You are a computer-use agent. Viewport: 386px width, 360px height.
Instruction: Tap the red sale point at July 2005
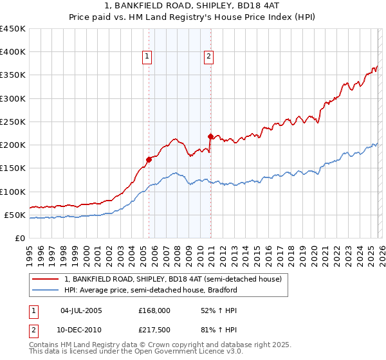click(149, 159)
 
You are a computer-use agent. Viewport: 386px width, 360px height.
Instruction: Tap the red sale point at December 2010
click(210, 136)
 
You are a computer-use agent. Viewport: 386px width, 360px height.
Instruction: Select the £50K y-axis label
click(15, 215)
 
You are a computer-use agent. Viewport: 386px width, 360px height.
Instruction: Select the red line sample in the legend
click(46, 280)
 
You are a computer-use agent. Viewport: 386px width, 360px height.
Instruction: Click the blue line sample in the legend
click(46, 291)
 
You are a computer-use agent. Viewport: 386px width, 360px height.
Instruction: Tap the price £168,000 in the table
click(154, 310)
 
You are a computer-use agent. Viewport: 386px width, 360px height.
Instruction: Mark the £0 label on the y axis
click(20, 238)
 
